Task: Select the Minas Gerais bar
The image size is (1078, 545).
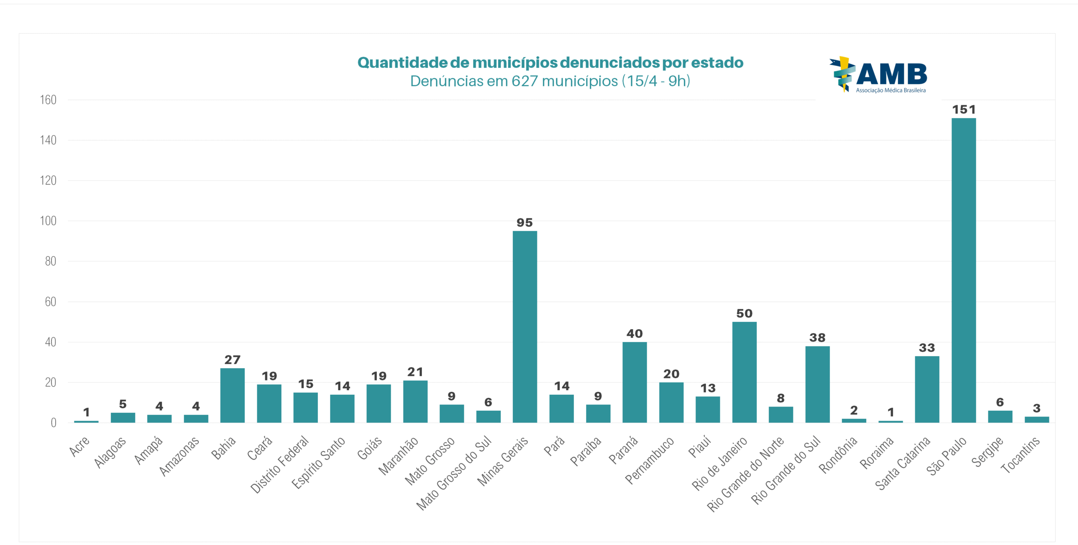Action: point(525,327)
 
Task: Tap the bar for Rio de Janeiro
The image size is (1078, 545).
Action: point(744,372)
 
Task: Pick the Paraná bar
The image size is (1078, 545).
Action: point(635,382)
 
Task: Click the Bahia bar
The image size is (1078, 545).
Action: point(232,395)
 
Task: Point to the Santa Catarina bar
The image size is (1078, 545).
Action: point(927,389)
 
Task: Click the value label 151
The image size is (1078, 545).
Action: point(964,110)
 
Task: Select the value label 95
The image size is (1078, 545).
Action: point(525,223)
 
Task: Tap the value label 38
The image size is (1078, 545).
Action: point(817,338)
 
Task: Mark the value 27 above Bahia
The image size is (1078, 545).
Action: point(232,360)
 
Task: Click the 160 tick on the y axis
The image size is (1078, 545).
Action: point(48,100)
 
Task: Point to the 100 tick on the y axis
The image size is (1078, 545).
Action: point(48,221)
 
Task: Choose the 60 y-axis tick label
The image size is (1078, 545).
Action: point(51,302)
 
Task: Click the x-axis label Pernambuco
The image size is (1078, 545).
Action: point(649,460)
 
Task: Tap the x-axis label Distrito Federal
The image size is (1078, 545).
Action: point(279,464)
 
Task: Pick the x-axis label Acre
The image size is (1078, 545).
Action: point(79,447)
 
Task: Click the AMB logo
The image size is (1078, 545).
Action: point(879,75)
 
